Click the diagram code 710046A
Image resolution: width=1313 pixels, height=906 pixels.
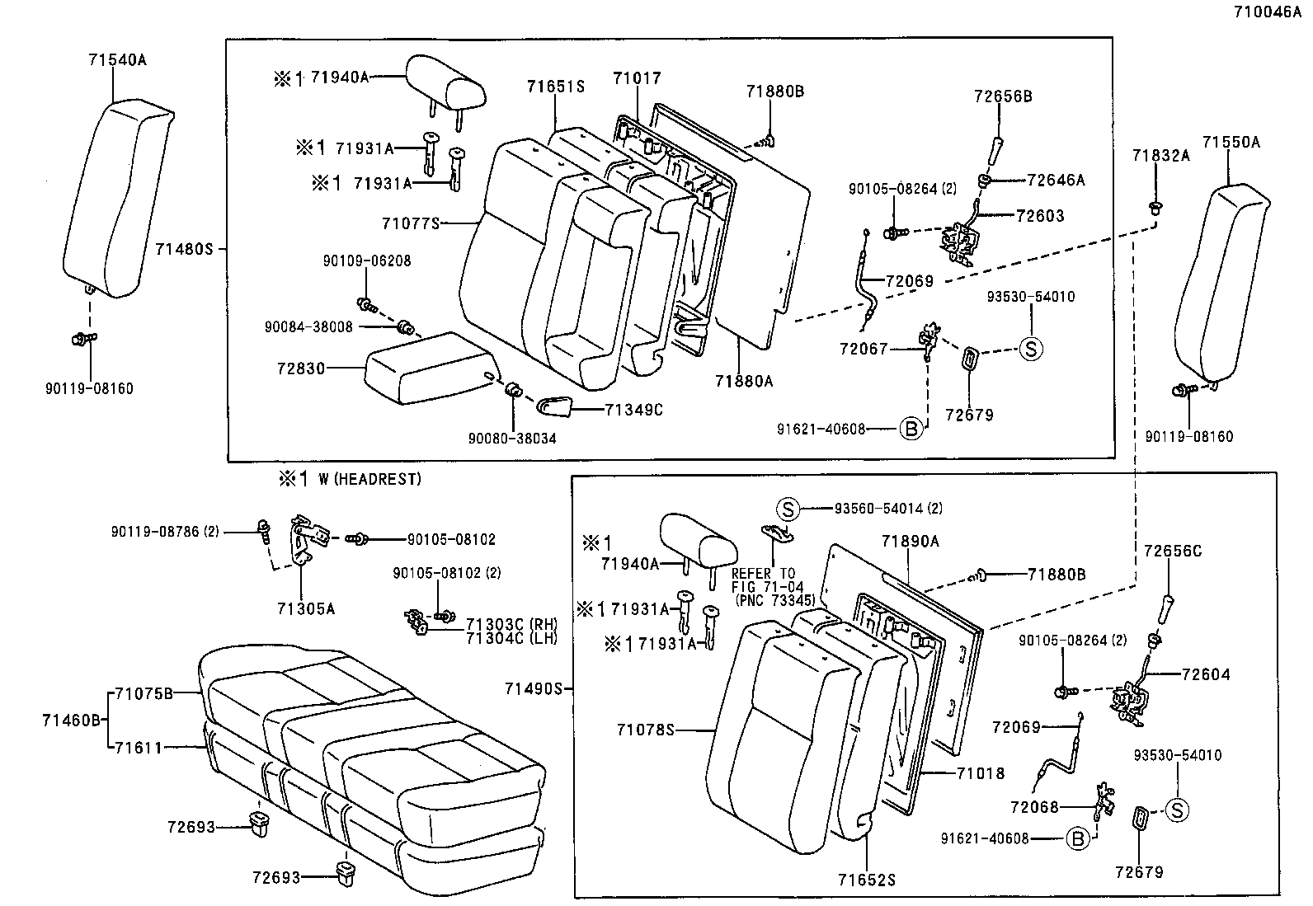(x=1270, y=12)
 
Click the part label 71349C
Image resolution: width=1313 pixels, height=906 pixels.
(x=633, y=409)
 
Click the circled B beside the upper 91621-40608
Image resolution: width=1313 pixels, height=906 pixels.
(x=911, y=429)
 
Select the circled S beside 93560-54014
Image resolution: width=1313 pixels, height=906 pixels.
(x=788, y=509)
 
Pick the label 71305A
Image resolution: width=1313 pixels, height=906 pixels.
(x=306, y=608)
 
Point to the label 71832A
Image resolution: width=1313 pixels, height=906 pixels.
(x=1160, y=155)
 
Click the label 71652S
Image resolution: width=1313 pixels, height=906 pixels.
(x=867, y=880)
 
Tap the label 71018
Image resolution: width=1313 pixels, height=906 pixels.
(x=981, y=773)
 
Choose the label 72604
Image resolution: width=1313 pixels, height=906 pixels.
(x=1205, y=674)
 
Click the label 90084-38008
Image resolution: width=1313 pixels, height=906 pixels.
(x=308, y=326)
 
